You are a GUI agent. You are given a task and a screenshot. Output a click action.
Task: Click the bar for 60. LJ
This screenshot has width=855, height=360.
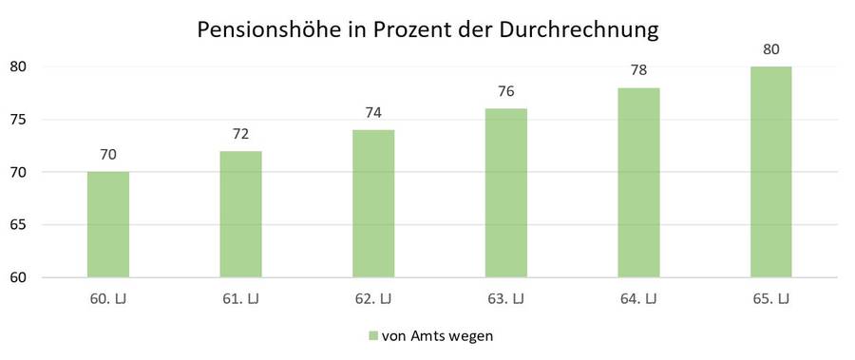[107, 224]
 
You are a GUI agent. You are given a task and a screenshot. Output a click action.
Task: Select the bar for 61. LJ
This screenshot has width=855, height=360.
[240, 214]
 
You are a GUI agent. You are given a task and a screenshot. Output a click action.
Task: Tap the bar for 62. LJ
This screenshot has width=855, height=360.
[373, 203]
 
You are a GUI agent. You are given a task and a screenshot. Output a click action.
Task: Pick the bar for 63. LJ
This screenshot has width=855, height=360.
[505, 193]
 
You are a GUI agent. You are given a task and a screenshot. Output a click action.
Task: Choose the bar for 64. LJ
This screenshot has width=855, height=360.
[638, 182]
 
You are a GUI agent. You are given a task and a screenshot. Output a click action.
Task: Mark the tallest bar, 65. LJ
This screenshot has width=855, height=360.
[770, 172]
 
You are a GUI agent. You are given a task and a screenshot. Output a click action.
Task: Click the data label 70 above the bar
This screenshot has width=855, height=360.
[107, 154]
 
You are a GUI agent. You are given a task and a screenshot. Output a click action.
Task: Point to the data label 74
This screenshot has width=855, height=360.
[373, 112]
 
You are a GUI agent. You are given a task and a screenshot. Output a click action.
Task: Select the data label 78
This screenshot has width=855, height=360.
[638, 70]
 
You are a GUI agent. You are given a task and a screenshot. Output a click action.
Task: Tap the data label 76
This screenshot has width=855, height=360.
[505, 91]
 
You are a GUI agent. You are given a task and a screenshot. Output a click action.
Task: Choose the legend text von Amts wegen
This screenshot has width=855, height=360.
[437, 335]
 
